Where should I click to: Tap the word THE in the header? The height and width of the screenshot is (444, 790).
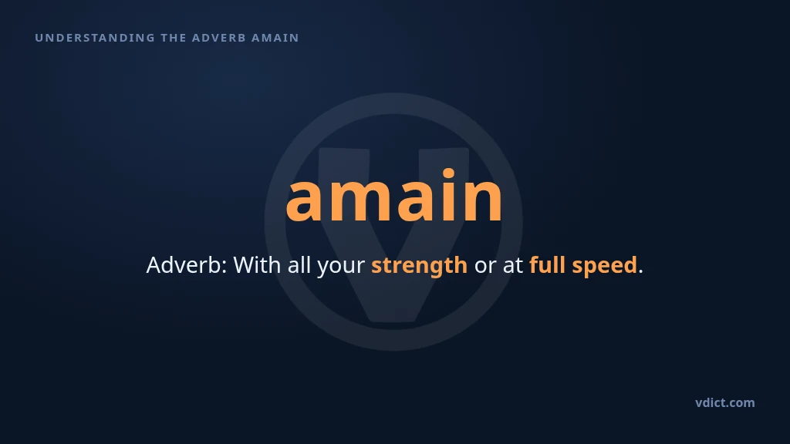pos(174,38)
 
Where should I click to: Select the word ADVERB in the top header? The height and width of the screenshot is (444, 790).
pos(218,38)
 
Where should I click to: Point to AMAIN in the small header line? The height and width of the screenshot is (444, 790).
pos(275,38)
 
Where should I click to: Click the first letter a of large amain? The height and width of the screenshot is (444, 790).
pos(305,201)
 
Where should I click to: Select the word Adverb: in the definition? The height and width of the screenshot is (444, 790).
pos(187,265)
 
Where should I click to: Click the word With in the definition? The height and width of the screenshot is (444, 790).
pos(257,265)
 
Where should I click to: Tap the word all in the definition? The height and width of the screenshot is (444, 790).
pos(299,265)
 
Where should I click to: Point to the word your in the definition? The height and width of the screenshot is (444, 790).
pos(341,267)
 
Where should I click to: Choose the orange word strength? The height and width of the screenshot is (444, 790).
pos(419,266)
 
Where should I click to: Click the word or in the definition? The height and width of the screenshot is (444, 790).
pos(485,267)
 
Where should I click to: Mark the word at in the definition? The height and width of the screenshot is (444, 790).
pos(513,266)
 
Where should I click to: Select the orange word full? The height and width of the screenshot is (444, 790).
pos(547,265)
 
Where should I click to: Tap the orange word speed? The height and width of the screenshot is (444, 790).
pos(605,266)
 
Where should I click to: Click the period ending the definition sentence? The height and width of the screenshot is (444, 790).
pos(640,272)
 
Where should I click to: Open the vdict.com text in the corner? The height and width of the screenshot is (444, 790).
pos(725,402)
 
